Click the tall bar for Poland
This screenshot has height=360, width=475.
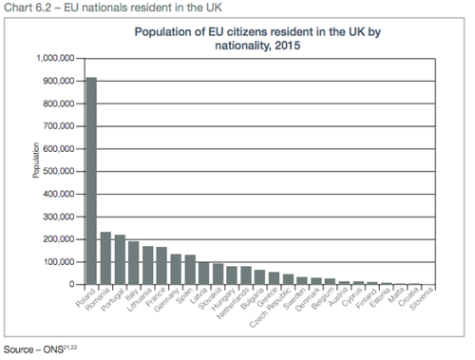tap(91, 180)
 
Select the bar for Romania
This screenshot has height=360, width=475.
tap(105, 258)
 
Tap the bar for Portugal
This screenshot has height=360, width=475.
tap(120, 260)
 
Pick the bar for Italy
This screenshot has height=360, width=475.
tap(133, 263)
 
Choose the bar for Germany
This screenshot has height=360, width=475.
tap(176, 270)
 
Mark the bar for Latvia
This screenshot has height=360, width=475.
tap(203, 274)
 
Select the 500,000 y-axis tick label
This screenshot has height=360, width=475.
tap(57, 171)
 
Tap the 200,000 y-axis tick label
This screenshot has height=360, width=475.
tap(57, 239)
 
